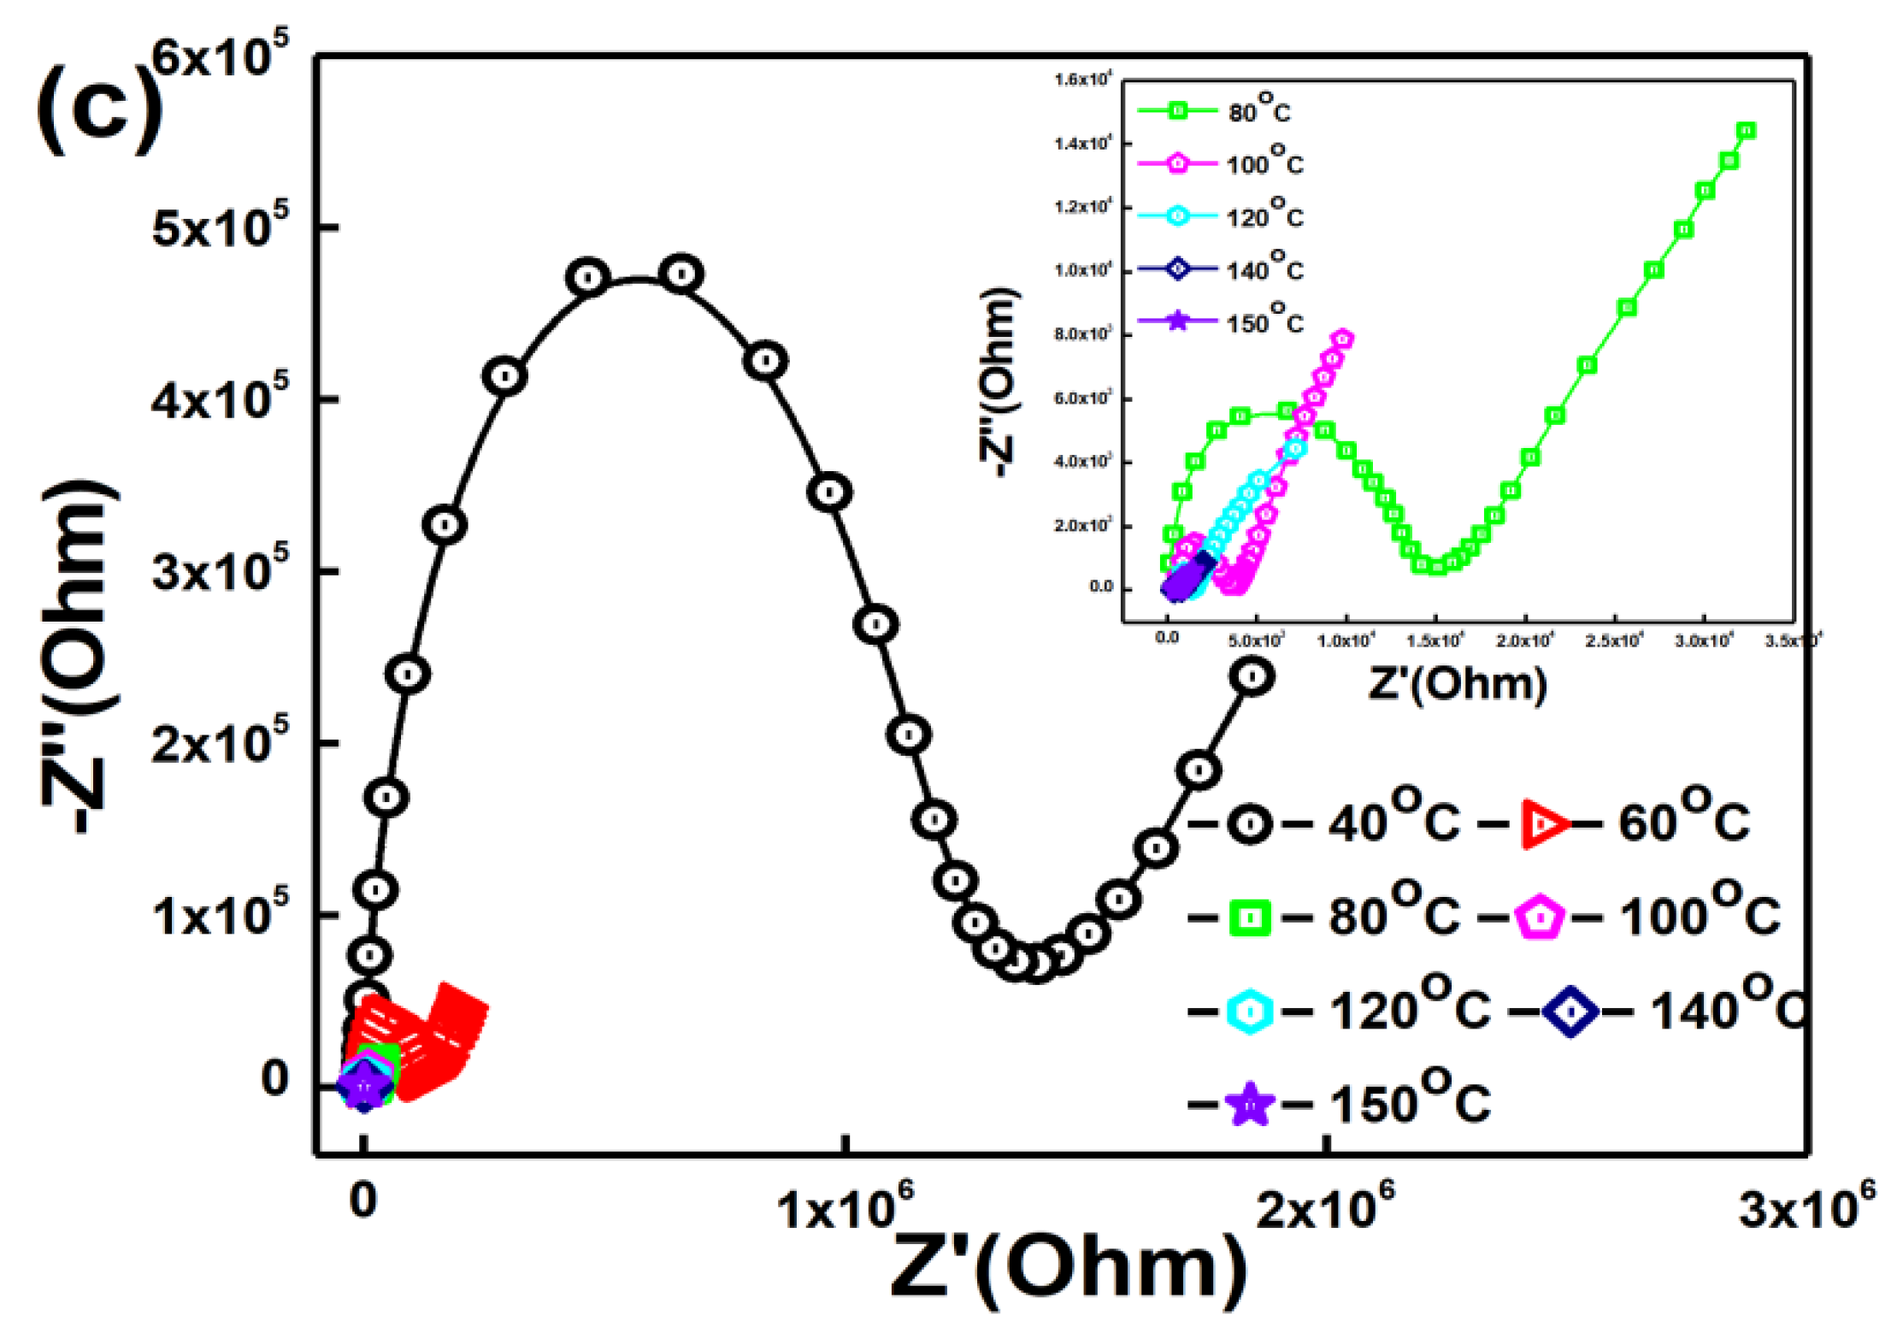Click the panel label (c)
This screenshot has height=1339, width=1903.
[x=98, y=109]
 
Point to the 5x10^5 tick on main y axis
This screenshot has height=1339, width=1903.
[x=221, y=228]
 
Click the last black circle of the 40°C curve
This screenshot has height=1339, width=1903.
[x=1252, y=676]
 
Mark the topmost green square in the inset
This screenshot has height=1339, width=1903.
[x=1747, y=131]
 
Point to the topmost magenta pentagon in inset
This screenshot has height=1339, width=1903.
[x=1342, y=339]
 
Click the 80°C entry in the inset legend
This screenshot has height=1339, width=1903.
[x=1214, y=112]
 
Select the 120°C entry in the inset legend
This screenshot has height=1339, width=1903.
[x=1221, y=217]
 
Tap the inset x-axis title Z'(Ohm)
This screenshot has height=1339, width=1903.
[x=1458, y=684]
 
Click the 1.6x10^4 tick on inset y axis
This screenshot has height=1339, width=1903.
[x=1082, y=80]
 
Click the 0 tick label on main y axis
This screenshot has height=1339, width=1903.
[x=274, y=1079]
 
